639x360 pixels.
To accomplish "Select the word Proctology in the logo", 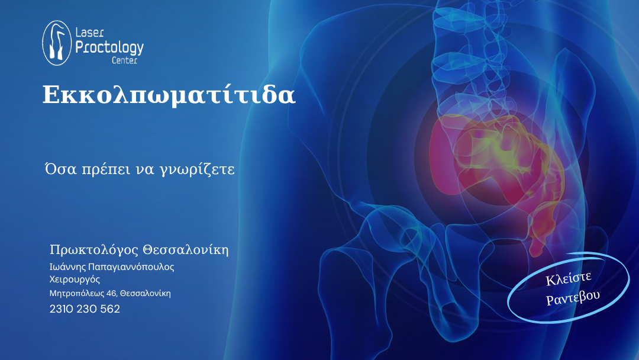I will tap(109, 46).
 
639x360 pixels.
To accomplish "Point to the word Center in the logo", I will tap(124, 60).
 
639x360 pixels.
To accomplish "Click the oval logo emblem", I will tap(57, 43).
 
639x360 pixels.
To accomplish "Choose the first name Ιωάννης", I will tap(67, 267).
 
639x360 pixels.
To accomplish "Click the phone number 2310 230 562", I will tap(85, 309).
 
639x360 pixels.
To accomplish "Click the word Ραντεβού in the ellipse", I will tap(573, 298).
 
